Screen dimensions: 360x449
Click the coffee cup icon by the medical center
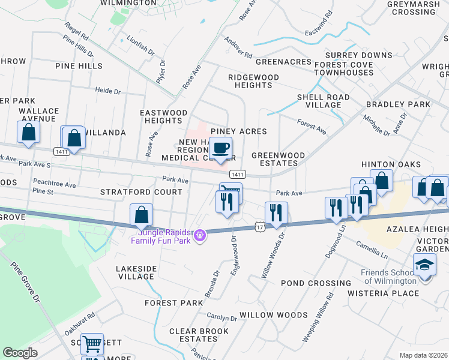(220, 148)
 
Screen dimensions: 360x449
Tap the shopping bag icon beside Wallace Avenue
(29, 133)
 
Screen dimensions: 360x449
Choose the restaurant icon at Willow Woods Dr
(276, 213)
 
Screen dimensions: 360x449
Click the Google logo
(20, 353)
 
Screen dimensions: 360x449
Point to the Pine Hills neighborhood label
(79, 66)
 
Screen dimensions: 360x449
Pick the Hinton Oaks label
(386, 164)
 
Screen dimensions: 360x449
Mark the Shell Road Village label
(324, 101)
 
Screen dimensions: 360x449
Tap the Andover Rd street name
(238, 47)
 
